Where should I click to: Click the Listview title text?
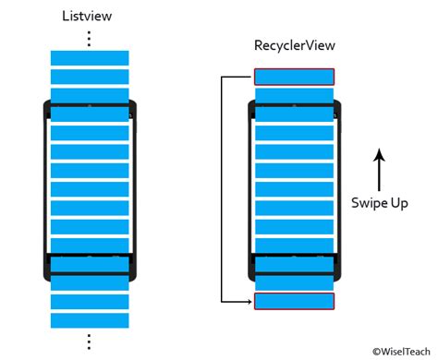pyautogui.click(x=89, y=16)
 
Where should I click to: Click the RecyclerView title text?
pyautogui.click(x=294, y=45)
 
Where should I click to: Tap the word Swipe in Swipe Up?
pyautogui.click(x=368, y=201)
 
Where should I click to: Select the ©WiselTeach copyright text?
pyautogui.click(x=402, y=351)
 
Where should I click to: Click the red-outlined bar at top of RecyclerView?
pyautogui.click(x=294, y=77)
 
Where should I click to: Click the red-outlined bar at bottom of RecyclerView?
pyautogui.click(x=294, y=301)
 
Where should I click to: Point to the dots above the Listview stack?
pyautogui.click(x=89, y=38)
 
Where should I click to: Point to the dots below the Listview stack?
pyautogui.click(x=89, y=341)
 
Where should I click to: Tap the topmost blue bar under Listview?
pyautogui.click(x=89, y=58)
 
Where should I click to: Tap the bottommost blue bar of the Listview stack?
pyautogui.click(x=89, y=320)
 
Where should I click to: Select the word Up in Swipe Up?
pyautogui.click(x=398, y=201)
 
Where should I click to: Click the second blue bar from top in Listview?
pyautogui.click(x=89, y=77)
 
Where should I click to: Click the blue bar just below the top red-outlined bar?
pyautogui.click(x=294, y=95)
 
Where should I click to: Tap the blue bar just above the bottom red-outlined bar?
pyautogui.click(x=294, y=282)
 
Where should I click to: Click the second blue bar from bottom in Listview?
pyautogui.click(x=89, y=302)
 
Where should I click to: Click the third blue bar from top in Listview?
pyautogui.click(x=89, y=95)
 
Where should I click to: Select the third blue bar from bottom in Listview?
pyautogui.click(x=89, y=283)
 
